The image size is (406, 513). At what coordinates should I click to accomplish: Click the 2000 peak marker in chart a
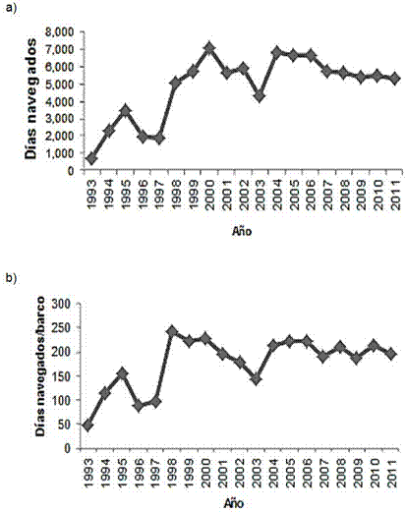pyautogui.click(x=209, y=48)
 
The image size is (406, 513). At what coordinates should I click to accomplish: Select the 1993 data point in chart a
pyautogui.click(x=91, y=158)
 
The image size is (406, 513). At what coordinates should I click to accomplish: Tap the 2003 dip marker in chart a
pyautogui.click(x=260, y=96)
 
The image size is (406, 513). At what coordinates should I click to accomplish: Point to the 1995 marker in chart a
pyautogui.click(x=125, y=111)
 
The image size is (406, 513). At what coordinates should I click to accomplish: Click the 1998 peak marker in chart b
pyautogui.click(x=172, y=332)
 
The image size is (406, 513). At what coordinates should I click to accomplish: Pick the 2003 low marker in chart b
pyautogui.click(x=257, y=379)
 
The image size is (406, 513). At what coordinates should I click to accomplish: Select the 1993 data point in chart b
pyautogui.click(x=87, y=426)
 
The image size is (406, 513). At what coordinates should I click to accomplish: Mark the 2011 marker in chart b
pyautogui.click(x=391, y=354)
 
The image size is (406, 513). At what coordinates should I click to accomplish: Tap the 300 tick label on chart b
pyautogui.click(x=62, y=304)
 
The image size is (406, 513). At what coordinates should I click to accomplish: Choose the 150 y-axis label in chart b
pyautogui.click(x=62, y=376)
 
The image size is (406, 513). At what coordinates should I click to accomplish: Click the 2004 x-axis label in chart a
pyautogui.click(x=277, y=195)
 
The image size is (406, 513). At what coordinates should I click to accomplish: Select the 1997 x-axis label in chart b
pyautogui.click(x=156, y=473)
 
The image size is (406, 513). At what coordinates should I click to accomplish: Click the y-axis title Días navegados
pyautogui.click(x=30, y=99)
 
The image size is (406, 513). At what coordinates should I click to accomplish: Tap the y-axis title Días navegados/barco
pyautogui.click(x=40, y=366)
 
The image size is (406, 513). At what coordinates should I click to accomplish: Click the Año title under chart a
pyautogui.click(x=242, y=231)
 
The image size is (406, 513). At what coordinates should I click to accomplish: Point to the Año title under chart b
pyautogui.click(x=234, y=503)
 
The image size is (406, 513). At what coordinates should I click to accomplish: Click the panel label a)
pyautogui.click(x=10, y=8)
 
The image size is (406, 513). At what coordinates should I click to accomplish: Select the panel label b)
pyautogui.click(x=10, y=278)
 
